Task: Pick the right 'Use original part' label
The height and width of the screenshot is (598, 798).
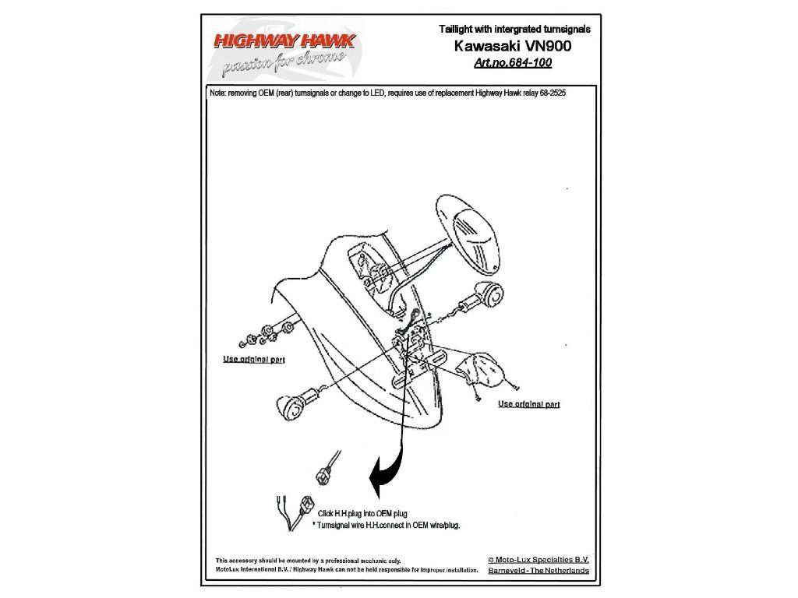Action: [x=529, y=404]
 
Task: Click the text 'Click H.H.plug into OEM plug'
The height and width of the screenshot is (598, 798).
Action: [x=362, y=514]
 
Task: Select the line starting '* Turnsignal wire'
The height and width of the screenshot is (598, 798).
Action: [x=386, y=526]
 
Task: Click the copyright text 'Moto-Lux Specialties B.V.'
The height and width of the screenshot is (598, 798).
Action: [x=538, y=560]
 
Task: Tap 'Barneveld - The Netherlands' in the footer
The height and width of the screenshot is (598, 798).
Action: [x=538, y=571]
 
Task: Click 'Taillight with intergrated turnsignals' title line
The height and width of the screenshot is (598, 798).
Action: [x=514, y=29]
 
